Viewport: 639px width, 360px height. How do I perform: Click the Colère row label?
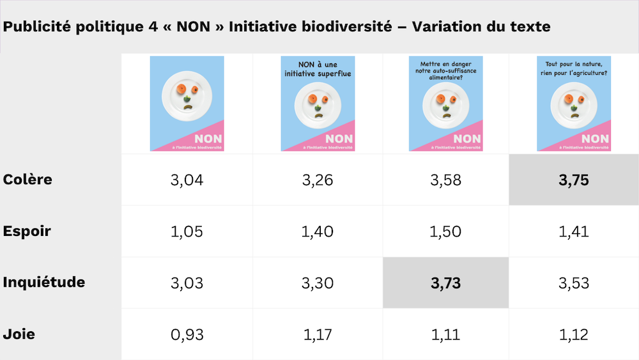pos(27,180)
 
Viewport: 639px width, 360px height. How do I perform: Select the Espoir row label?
pos(27,231)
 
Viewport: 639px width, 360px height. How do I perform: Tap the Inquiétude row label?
pos(44,282)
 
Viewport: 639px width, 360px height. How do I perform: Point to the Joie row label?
pos(19,334)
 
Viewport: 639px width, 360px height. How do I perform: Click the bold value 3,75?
pos(574,180)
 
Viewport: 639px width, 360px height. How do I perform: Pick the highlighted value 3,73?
pos(445,283)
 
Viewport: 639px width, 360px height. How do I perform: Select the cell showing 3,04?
pos(187,180)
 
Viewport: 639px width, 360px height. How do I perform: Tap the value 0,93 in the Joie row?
pos(187,334)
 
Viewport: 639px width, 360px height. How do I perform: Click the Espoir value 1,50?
pos(445,231)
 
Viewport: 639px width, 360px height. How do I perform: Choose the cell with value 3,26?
pos(318,180)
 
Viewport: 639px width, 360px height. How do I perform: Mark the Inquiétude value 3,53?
pos(574,283)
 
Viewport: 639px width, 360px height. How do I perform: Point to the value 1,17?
pos(318,334)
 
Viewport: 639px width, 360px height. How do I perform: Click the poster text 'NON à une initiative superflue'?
pos(318,69)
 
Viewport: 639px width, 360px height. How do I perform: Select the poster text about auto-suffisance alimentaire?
pos(446,70)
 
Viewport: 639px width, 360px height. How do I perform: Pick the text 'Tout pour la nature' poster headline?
pos(574,64)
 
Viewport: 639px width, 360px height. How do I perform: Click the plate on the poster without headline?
pos(187,96)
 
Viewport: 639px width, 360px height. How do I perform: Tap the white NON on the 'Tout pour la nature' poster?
pos(595,139)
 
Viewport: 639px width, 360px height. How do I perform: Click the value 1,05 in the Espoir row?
pos(187,231)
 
